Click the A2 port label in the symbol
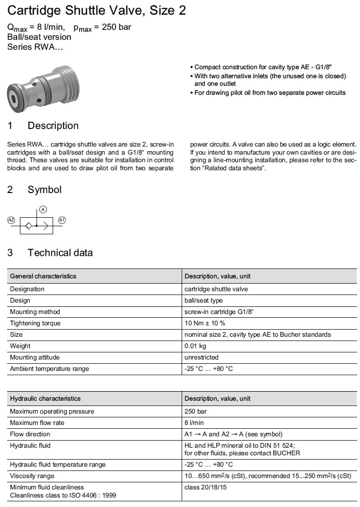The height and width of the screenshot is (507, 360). point(11,220)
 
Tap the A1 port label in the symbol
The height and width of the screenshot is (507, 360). point(62,220)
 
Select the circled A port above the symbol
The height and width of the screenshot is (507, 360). point(43,209)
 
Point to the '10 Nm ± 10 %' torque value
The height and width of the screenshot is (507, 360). point(204,323)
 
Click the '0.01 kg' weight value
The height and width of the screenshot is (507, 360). point(195,346)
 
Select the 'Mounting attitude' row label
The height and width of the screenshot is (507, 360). point(35,357)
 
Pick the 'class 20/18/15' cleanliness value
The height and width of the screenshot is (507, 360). point(204,487)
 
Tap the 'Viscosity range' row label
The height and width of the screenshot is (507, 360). point(32,475)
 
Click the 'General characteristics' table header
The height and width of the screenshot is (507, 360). point(43,276)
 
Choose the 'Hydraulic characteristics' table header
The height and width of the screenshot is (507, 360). point(46,398)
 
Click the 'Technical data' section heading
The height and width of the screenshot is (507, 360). point(60,253)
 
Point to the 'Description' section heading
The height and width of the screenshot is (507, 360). point(53,126)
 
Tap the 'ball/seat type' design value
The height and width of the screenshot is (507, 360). point(203,300)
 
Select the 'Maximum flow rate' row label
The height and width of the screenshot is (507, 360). point(37,423)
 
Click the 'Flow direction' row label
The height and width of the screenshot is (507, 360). point(30,434)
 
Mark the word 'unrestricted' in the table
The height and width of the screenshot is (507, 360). point(202,357)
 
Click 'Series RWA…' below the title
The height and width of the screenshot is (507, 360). point(35,46)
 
